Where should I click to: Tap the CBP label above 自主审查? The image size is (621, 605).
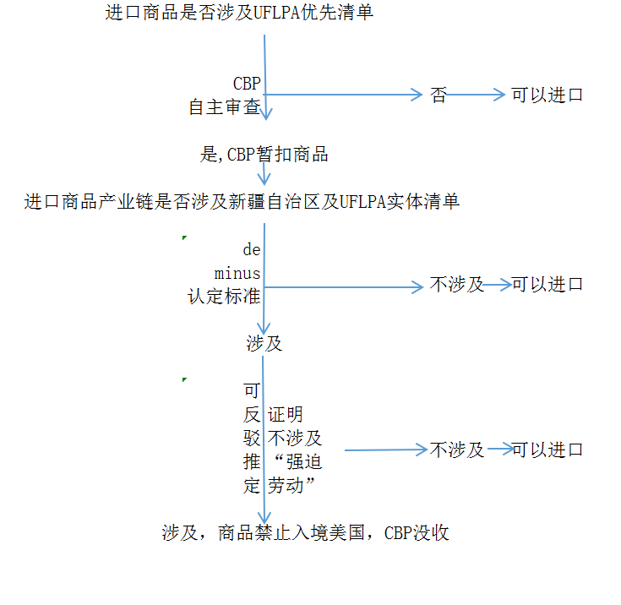point(247,84)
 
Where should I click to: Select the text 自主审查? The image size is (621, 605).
point(224,107)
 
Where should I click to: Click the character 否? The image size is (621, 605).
point(439,95)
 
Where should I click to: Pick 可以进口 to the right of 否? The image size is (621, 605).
point(547,95)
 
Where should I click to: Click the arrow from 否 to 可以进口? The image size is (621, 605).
point(476,95)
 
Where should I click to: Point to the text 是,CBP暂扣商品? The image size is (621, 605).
point(264,155)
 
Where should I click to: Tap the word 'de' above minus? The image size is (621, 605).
point(252,250)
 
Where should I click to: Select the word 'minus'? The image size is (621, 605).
point(237,273)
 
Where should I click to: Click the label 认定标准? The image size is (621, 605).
point(224,297)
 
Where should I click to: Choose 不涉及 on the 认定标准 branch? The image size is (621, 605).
point(457,285)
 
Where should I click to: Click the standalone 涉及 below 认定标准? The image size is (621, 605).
point(264,344)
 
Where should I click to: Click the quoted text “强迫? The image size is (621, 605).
point(295,462)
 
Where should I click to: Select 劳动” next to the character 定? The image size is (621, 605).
point(291,486)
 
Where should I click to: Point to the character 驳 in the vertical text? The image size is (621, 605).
point(251,439)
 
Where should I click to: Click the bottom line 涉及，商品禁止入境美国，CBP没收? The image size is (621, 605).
point(305,533)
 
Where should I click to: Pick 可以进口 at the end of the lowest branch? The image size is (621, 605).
point(547,450)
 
